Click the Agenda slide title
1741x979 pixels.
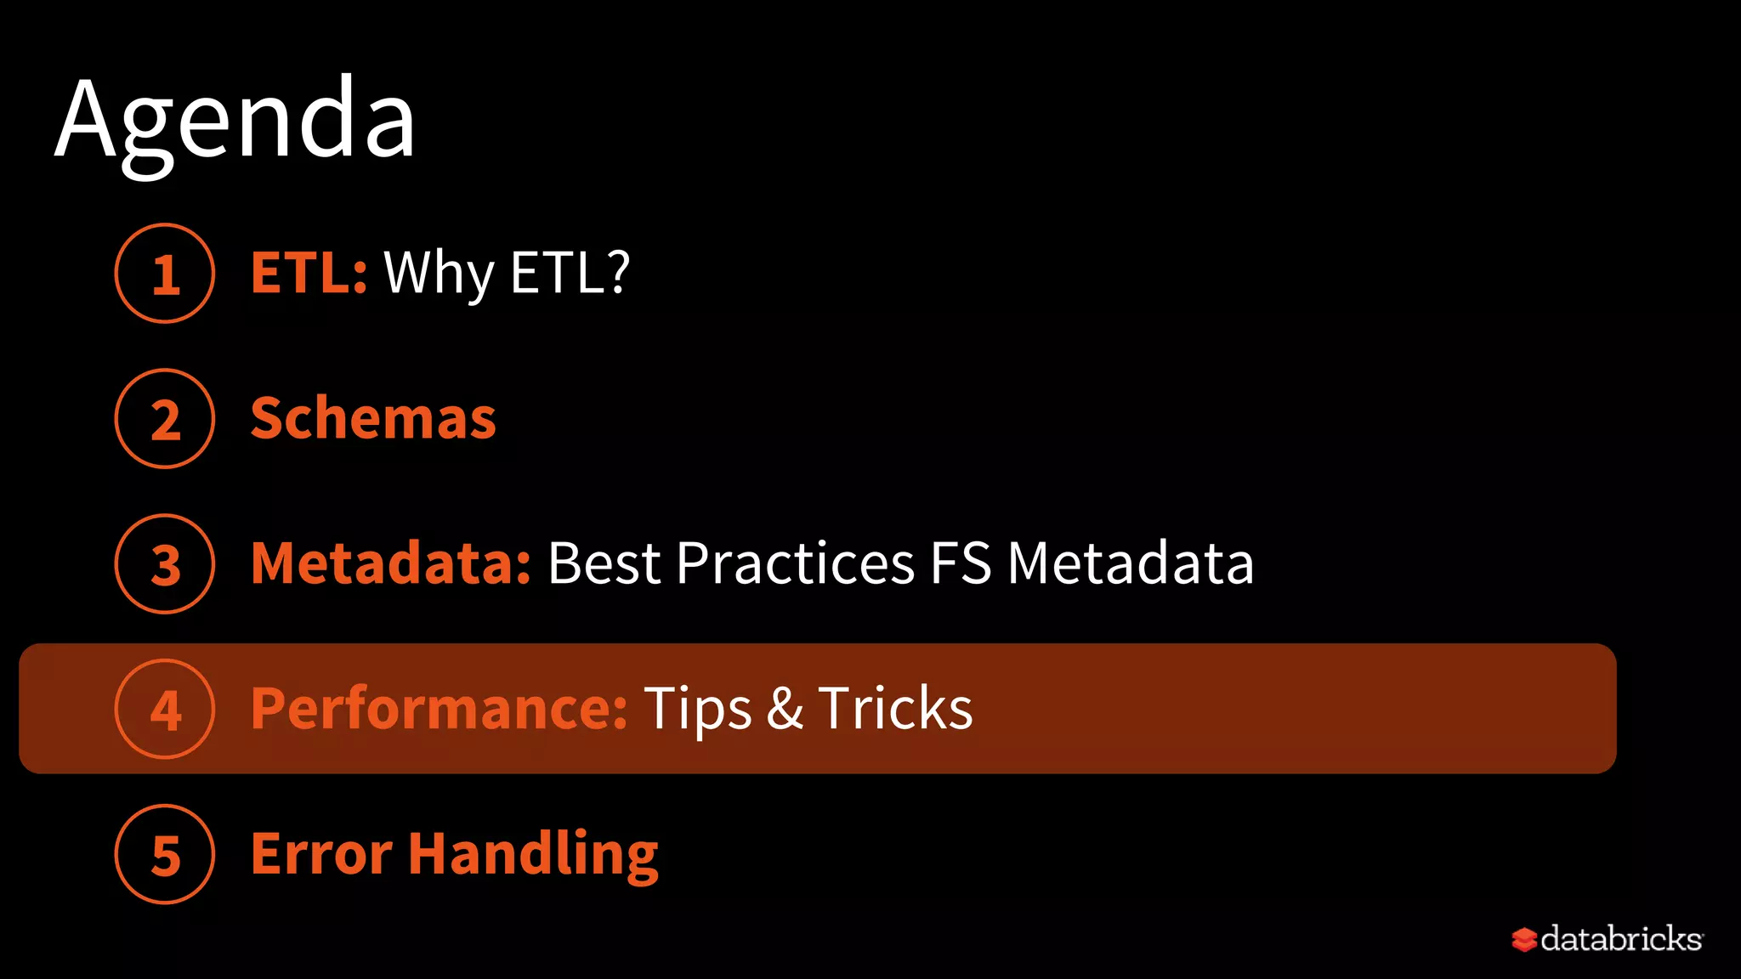[235, 119]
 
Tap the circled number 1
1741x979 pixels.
[165, 274]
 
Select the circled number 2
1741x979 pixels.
[165, 419]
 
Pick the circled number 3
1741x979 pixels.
[165, 564]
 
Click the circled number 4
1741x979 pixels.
[165, 710]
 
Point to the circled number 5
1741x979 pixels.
[165, 855]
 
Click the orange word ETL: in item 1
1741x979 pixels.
[309, 273]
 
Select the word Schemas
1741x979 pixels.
[373, 418]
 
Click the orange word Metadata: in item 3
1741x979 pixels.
[391, 563]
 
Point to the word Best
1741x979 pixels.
[604, 563]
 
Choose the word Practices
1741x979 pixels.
[796, 563]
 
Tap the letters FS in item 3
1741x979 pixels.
[961, 563]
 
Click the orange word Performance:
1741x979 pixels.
[439, 709]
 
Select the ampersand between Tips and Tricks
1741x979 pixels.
[785, 709]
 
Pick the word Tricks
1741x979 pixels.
[895, 709]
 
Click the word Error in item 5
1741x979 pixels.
[321, 854]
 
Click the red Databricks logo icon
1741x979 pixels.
[1524, 940]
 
